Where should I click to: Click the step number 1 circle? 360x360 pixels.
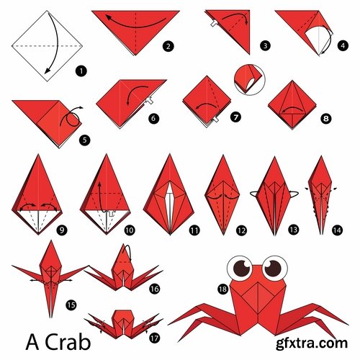coord(80,71)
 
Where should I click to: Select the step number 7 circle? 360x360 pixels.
coord(236,115)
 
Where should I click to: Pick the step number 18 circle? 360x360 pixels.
coord(223,288)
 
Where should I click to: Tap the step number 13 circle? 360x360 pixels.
coord(295,230)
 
